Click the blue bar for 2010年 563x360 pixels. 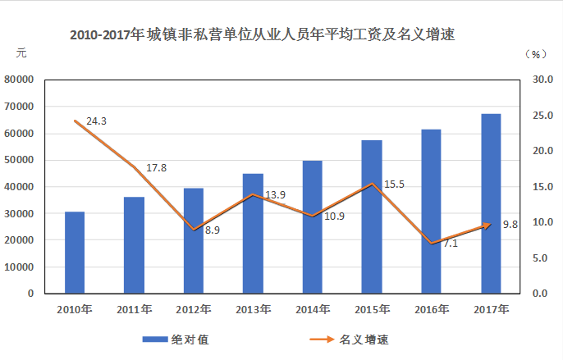75,252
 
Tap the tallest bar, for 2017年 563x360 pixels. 491,203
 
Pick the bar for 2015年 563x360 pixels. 372,216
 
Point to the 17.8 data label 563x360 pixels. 156,168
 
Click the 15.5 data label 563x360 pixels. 394,185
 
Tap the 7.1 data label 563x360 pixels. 450,244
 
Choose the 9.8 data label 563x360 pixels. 509,225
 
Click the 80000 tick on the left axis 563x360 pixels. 18,80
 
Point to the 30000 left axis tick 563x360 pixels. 18,213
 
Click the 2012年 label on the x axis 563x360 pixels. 194,309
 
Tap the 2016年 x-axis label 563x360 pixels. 432,309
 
